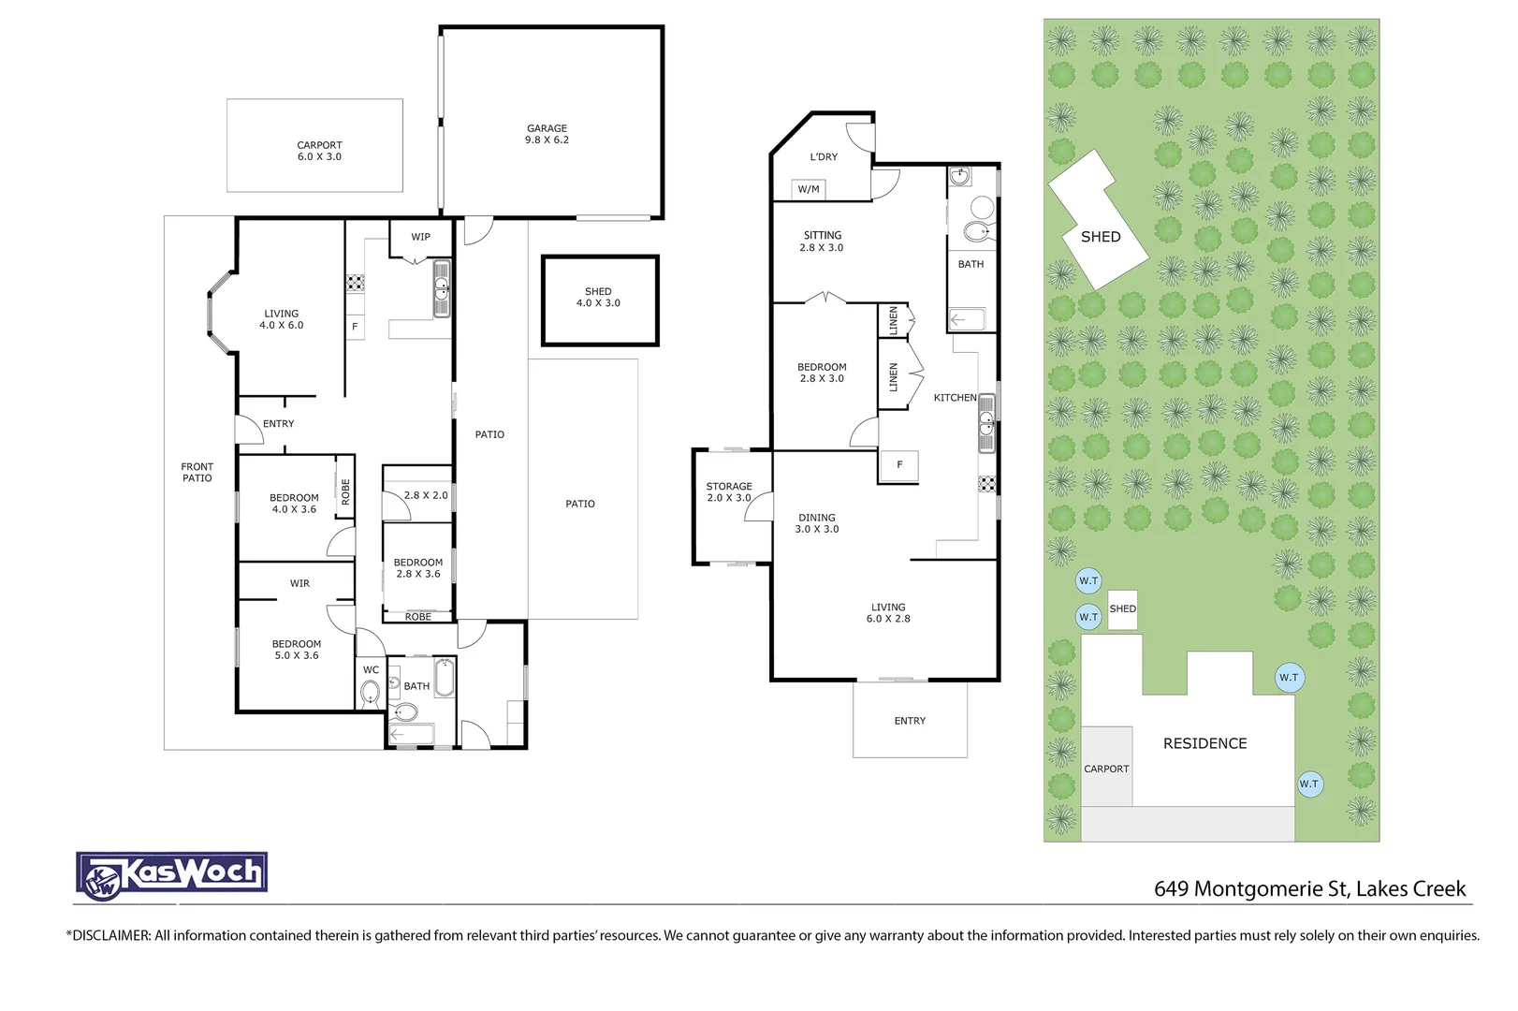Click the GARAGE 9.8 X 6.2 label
coord(547,134)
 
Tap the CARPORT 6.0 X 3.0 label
coord(319,151)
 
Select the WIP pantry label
coord(420,237)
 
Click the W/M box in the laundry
coord(809,189)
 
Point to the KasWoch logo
coord(171,875)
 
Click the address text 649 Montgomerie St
coord(1250,888)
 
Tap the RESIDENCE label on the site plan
coord(1204,743)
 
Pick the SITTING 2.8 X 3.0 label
coord(822,242)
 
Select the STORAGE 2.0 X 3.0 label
coord(729,491)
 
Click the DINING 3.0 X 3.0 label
coord(817,522)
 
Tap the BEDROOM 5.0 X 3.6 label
coord(296,650)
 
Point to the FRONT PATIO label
coord(197,472)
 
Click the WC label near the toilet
coord(371,670)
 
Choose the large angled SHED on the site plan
coord(1099,220)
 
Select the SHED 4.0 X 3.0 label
coord(598,297)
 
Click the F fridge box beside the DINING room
coord(899,465)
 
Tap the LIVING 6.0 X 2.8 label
coord(888,613)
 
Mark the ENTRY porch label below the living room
coord(910,721)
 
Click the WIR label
coord(299,583)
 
